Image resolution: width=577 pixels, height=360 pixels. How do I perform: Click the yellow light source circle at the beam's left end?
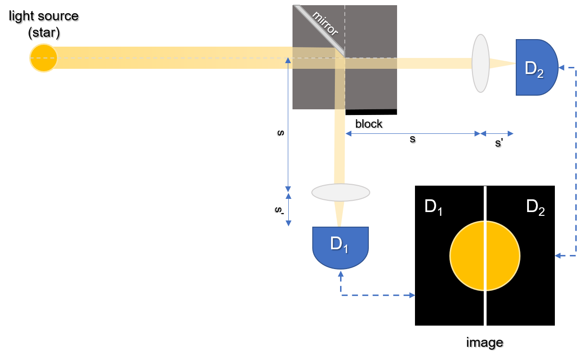(x=43, y=58)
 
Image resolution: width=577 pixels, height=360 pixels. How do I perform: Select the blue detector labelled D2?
(x=536, y=67)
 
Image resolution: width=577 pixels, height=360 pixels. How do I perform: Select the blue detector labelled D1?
(x=341, y=246)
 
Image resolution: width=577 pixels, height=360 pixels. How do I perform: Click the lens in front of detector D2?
(x=480, y=63)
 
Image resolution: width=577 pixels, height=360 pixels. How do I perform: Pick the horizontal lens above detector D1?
(x=341, y=192)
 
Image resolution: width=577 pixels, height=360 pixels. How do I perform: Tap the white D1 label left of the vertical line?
(x=433, y=207)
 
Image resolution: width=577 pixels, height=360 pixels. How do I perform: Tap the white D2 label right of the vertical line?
(x=535, y=207)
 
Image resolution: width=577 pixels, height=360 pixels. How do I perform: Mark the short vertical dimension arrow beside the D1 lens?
(x=288, y=209)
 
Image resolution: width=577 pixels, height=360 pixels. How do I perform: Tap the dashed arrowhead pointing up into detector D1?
(x=341, y=274)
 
